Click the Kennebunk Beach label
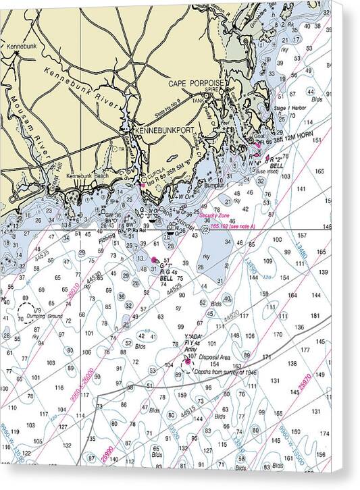tap(87, 175)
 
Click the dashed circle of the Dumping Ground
tap(29, 312)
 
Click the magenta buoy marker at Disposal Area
tap(187, 362)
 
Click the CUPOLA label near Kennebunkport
tap(156, 171)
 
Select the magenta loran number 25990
tap(106, 454)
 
